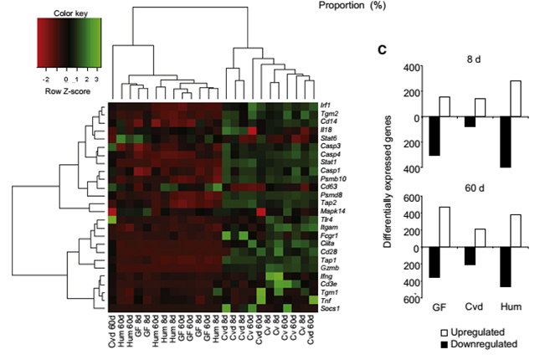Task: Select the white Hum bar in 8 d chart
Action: [515, 99]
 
